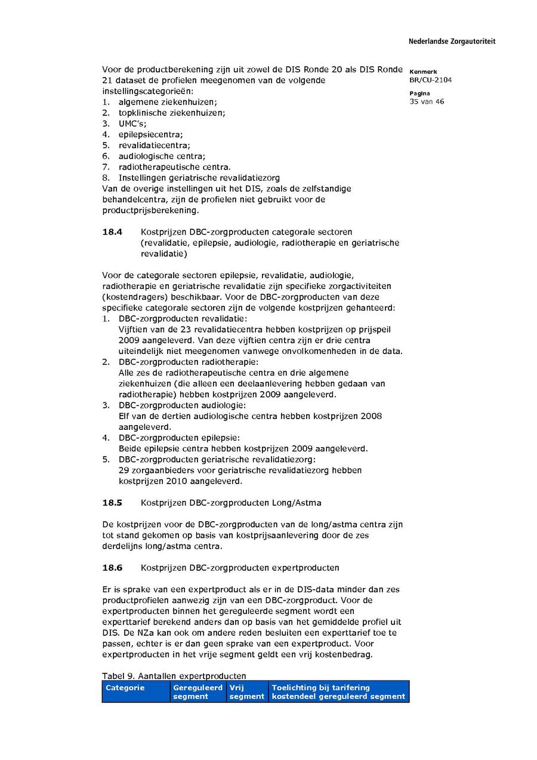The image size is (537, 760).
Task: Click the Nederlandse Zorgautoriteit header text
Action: [452, 42]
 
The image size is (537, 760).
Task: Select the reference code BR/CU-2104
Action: [430, 80]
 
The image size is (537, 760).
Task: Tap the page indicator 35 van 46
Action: [427, 101]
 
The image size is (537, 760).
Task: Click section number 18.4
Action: [112, 232]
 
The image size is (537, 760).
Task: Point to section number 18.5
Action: [112, 503]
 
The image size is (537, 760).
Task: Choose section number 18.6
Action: [112, 567]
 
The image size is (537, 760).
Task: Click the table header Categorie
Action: [125, 688]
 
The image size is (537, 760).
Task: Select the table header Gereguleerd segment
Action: [197, 692]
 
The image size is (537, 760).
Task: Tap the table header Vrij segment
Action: [246, 692]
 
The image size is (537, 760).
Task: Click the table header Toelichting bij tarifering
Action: [321, 688]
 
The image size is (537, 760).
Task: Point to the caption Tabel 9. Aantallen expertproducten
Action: [174, 676]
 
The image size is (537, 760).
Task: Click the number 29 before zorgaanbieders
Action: [124, 470]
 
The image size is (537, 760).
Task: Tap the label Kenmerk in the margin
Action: [423, 72]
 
